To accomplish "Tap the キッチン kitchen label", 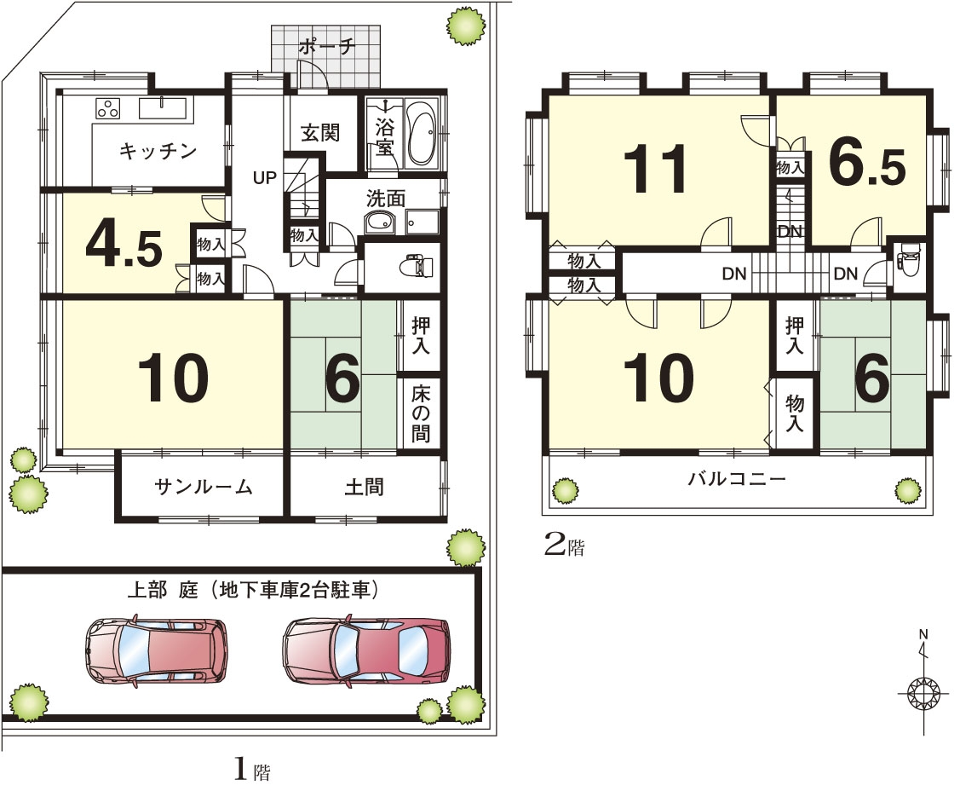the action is pyautogui.click(x=158, y=151).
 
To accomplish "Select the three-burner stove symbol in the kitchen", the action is pyautogui.click(x=107, y=108).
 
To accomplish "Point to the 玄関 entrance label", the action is pyautogui.click(x=320, y=133).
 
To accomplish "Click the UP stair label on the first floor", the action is pyautogui.click(x=265, y=178).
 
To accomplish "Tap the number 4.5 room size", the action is pyautogui.click(x=124, y=247).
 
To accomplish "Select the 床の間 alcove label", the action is pyautogui.click(x=420, y=413).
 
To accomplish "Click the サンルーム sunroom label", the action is pyautogui.click(x=204, y=487).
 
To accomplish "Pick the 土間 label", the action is pyautogui.click(x=365, y=487).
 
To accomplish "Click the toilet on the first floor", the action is pyautogui.click(x=417, y=267).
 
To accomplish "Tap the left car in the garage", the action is pyautogui.click(x=156, y=650).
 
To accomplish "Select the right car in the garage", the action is pyautogui.click(x=366, y=650).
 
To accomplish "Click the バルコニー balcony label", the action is pyautogui.click(x=737, y=478).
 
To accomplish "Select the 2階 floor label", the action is pyautogui.click(x=565, y=546).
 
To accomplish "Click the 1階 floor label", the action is pyautogui.click(x=252, y=770).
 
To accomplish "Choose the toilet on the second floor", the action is pyautogui.click(x=908, y=259).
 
